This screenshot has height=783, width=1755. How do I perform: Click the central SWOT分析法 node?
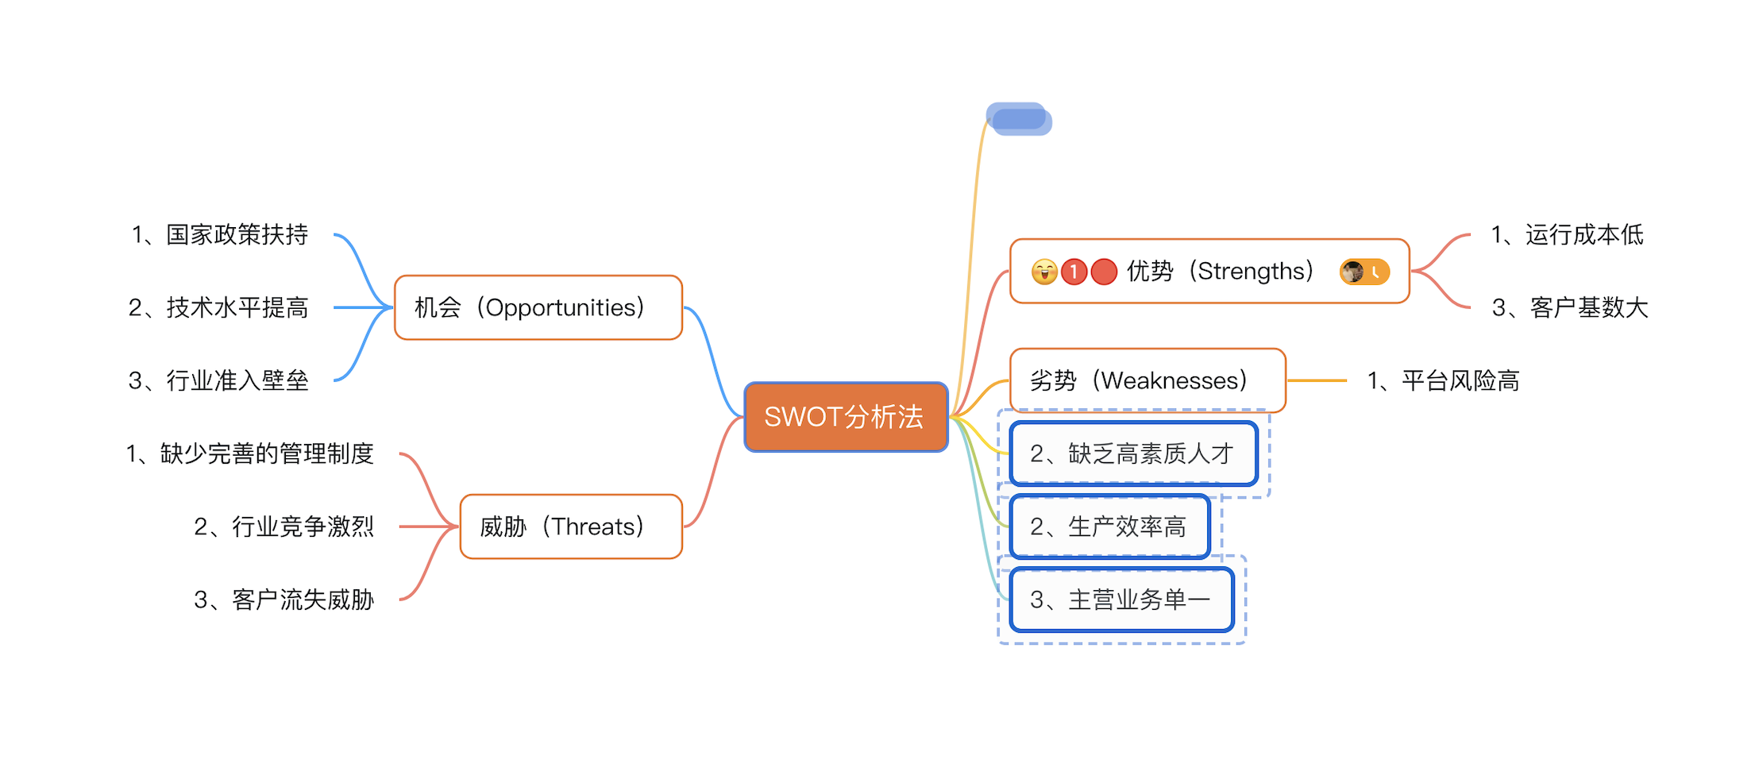(846, 417)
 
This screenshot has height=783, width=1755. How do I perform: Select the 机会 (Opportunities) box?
(538, 307)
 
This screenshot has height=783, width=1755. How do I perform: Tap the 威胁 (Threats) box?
(571, 526)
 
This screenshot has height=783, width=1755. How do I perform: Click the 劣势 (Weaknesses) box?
(1147, 380)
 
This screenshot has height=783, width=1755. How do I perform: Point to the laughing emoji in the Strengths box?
(1044, 272)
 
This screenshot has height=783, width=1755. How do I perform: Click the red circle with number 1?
(1074, 272)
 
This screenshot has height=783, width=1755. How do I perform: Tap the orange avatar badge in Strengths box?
(1364, 272)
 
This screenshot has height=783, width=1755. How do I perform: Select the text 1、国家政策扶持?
(220, 234)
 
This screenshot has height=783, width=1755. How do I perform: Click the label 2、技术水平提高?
(218, 307)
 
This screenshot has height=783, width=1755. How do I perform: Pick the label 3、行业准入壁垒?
(218, 380)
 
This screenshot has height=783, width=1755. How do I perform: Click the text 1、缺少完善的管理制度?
(249, 453)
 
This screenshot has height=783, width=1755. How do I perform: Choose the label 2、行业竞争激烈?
(283, 526)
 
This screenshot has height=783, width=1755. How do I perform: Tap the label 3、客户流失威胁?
(283, 600)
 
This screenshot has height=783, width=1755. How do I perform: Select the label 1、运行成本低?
(1567, 234)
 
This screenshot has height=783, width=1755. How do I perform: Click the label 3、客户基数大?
(1570, 307)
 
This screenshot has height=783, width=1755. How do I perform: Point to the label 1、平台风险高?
(1443, 380)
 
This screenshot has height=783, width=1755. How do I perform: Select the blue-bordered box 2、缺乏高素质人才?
(1133, 453)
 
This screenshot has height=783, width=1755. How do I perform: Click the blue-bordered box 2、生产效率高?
(1109, 526)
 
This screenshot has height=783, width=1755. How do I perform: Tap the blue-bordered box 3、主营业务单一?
(1121, 600)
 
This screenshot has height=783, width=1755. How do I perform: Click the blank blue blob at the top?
(1020, 119)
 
